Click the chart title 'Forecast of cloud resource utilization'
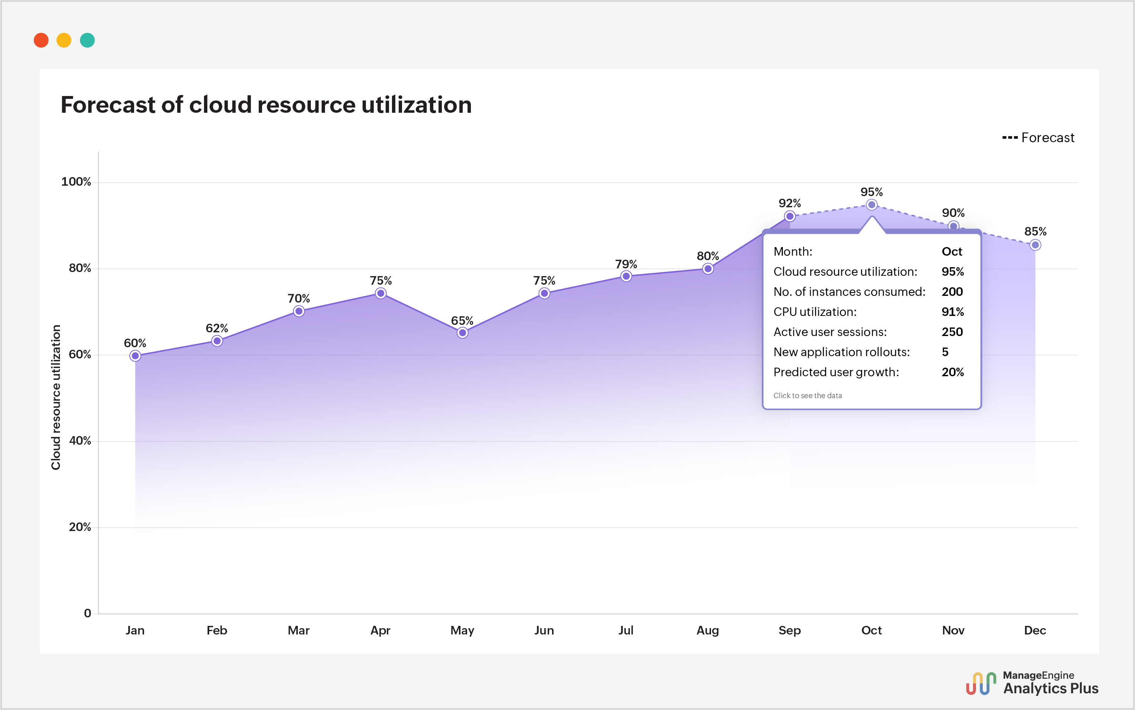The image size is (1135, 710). [266, 105]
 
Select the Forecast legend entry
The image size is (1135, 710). [1038, 138]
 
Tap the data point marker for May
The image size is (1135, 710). [462, 333]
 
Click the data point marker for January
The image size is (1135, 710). [135, 356]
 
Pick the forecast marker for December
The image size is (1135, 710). [1035, 245]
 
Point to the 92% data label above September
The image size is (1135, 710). [789, 203]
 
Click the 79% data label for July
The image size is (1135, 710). [626, 264]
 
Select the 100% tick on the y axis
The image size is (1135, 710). [76, 182]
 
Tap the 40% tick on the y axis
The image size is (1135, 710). [80, 441]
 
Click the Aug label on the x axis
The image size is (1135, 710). [708, 630]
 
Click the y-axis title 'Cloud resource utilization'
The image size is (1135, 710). [56, 397]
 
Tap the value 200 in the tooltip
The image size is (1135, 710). [952, 292]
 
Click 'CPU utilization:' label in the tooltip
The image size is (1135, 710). [814, 312]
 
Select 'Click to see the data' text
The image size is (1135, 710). [807, 396]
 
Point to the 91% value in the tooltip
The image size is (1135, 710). [952, 312]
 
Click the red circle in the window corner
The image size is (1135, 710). [41, 41]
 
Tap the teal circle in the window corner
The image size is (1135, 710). [87, 41]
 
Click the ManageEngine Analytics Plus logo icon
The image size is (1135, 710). [981, 683]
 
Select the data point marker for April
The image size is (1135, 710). [380, 294]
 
